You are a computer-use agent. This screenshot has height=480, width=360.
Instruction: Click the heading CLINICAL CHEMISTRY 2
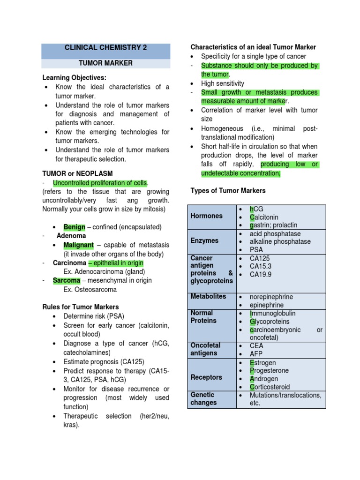click(x=105, y=48)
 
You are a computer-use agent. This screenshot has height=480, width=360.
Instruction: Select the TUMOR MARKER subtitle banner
click(x=105, y=63)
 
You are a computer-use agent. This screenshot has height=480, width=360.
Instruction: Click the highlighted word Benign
click(x=75, y=227)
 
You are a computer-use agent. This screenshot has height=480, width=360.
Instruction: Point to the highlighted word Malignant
click(x=79, y=245)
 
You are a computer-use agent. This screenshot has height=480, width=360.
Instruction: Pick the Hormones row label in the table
click(x=206, y=216)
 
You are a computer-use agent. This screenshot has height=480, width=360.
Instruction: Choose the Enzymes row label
click(x=204, y=240)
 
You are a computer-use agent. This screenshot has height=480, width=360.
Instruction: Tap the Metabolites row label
click(x=208, y=296)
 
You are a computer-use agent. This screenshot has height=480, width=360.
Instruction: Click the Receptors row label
click(x=207, y=377)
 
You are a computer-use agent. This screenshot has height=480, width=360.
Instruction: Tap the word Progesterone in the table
click(x=270, y=371)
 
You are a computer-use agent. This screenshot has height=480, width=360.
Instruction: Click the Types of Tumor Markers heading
click(x=228, y=191)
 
